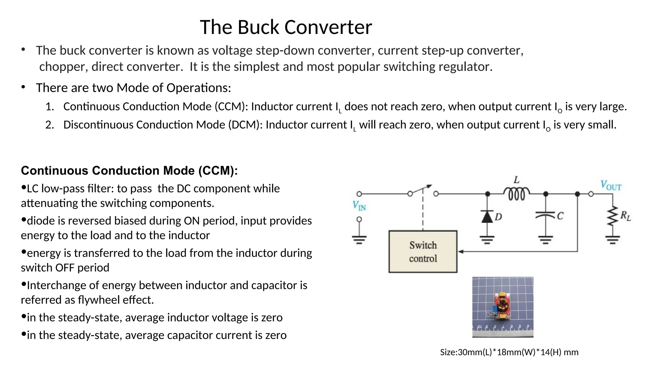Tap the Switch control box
tap(423, 252)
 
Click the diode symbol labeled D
tap(487, 217)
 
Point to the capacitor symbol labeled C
tap(546, 215)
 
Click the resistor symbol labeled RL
tap(613, 216)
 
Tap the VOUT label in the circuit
tap(611, 185)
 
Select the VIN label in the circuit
tap(359, 206)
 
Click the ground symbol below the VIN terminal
tap(359, 240)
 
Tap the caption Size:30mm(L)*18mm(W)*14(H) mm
tap(509, 352)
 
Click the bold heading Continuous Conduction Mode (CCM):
tap(129, 170)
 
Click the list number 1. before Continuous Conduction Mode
tap(50, 106)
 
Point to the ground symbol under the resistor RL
tap(613, 240)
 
